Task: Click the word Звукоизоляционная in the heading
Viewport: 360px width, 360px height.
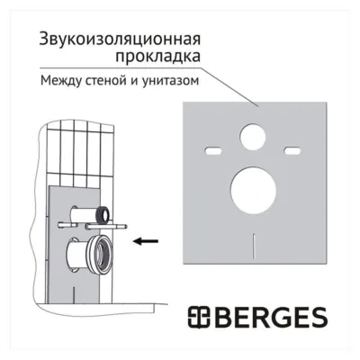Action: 120,40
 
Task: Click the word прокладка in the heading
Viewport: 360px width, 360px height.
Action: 158,57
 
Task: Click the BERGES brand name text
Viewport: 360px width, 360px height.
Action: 271,318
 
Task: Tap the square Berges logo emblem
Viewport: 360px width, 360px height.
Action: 200,318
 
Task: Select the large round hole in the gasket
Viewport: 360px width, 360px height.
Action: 254,191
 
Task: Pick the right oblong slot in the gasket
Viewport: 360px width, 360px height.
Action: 292,150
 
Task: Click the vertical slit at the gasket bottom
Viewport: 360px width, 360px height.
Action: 254,245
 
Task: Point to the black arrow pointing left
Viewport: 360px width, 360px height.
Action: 146,241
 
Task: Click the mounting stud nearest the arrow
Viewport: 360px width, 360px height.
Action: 106,226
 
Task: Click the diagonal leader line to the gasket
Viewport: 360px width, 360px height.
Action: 229,87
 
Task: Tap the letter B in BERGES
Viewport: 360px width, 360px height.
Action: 222,318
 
